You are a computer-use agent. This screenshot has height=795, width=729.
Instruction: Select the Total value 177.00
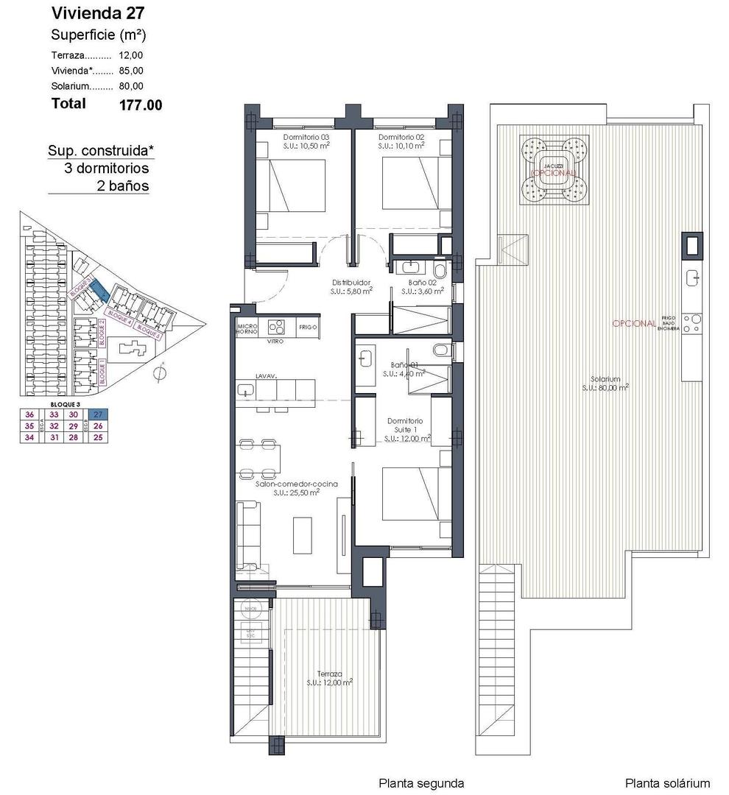pyautogui.click(x=140, y=105)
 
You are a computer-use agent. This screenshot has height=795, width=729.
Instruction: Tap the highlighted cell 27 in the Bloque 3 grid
pyautogui.click(x=98, y=414)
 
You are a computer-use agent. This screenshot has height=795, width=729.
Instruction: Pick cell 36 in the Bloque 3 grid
pyautogui.click(x=29, y=414)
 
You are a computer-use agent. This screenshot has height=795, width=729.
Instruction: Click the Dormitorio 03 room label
pyautogui.click(x=306, y=141)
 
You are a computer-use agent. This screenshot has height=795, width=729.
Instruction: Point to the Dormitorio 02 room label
pyautogui.click(x=401, y=141)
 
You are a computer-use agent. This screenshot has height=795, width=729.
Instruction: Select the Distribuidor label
pyautogui.click(x=350, y=286)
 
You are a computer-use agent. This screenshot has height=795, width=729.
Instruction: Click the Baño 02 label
pyautogui.click(x=422, y=286)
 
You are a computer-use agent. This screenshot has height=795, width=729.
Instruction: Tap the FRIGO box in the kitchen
pyautogui.click(x=309, y=327)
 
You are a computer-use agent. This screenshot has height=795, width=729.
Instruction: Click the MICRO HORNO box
pyautogui.click(x=247, y=328)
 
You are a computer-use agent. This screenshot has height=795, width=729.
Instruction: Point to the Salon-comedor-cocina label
pyautogui.click(x=296, y=488)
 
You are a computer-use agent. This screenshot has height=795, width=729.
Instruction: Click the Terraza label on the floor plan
pyautogui.click(x=329, y=678)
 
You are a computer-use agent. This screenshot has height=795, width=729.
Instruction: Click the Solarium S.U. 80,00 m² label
pyautogui.click(x=605, y=383)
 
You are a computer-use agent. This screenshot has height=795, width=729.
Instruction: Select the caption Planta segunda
pyautogui.click(x=420, y=783)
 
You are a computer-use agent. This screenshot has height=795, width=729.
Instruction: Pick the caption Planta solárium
pyautogui.click(x=667, y=783)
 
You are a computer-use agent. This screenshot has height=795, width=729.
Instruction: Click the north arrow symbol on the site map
pyautogui.click(x=158, y=373)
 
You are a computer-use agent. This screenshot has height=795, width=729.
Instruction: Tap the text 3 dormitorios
pyautogui.click(x=107, y=169)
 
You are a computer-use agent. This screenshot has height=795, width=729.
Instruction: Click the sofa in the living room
pyautogui.click(x=247, y=535)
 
